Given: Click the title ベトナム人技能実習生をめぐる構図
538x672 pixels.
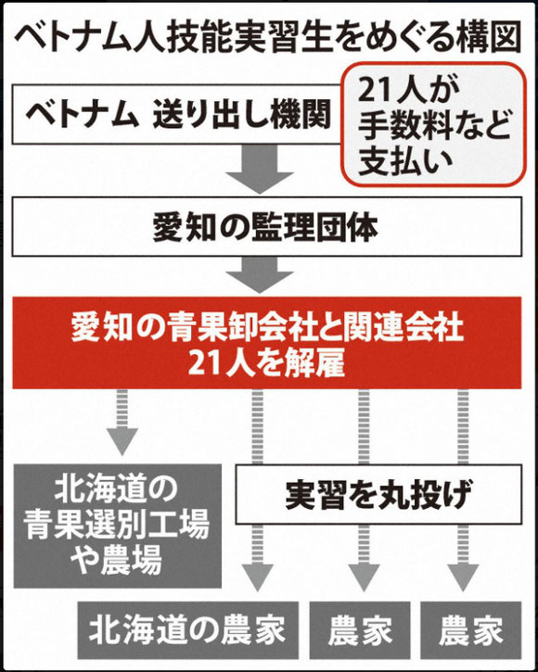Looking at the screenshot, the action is pos(268,37).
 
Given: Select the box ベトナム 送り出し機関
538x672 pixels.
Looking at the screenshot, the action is pos(177,114).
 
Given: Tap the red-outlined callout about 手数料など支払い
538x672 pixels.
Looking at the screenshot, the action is pos(433,124).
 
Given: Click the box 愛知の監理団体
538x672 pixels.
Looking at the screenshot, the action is pos(267,227).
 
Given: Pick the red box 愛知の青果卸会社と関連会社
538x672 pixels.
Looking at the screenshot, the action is pos(267,342).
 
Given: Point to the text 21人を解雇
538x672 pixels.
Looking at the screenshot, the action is pos(266,364).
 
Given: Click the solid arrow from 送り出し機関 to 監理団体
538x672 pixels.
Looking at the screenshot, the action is pos(260,170).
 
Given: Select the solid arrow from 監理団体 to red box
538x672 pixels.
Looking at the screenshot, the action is pos(260,274).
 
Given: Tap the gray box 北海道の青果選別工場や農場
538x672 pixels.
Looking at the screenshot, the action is pos(118,526).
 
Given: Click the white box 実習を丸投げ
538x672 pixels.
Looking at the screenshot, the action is pos(378,494).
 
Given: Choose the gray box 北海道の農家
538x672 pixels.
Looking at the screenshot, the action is pos(188,630).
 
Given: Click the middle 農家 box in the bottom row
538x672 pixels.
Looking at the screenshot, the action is pos(360,630).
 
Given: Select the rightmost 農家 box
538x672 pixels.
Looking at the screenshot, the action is pos(471,630).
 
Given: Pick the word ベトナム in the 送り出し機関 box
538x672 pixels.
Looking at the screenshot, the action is pos(83,114).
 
